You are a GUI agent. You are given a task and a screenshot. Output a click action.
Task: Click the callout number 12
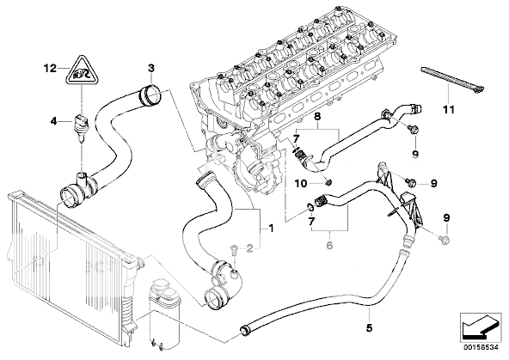[x=51, y=69]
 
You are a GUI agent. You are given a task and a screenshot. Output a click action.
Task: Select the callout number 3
[x=151, y=69]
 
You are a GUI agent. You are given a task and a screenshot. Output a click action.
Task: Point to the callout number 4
[x=53, y=122]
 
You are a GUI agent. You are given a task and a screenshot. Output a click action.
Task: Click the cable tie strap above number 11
[x=452, y=80]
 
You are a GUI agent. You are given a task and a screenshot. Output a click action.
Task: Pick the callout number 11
[x=449, y=110]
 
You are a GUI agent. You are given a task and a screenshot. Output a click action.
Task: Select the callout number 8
[x=317, y=117]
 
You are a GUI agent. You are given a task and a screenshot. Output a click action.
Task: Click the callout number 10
[x=301, y=184]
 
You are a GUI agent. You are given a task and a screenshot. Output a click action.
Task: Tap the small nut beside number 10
[x=328, y=183]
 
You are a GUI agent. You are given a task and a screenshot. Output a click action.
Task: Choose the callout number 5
[x=369, y=328]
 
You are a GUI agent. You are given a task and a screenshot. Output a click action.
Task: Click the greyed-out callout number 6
[x=329, y=245]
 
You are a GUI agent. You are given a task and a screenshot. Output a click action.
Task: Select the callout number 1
[x=271, y=229]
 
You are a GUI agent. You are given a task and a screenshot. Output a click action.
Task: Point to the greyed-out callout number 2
[x=249, y=249]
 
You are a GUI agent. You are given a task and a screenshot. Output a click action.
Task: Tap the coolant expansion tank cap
[x=162, y=286]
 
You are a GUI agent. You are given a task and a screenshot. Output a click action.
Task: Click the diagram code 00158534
[x=481, y=347]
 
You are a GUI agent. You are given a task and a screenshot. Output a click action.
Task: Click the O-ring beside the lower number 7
[x=310, y=207]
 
